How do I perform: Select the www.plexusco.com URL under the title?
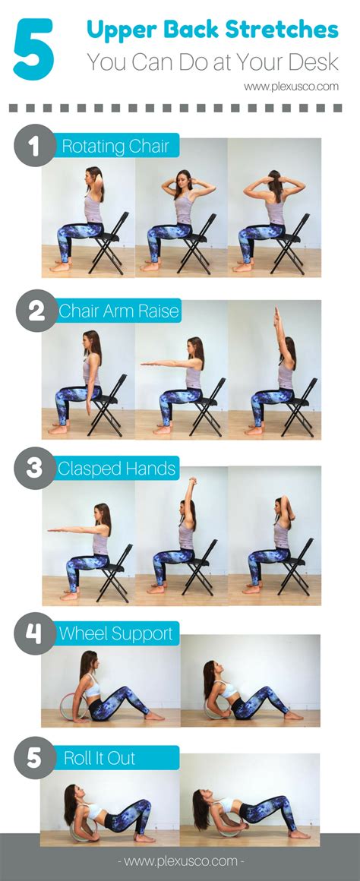(x=291, y=87)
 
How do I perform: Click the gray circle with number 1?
(x=34, y=145)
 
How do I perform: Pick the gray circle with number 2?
(x=34, y=311)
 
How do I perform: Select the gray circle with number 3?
(x=34, y=468)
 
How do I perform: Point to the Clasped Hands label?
(x=117, y=468)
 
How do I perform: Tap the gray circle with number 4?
(x=34, y=633)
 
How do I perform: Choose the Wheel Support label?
(x=115, y=633)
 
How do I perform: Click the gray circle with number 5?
(x=34, y=758)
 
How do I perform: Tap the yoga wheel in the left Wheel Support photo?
(x=77, y=705)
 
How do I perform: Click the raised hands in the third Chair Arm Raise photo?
(x=276, y=316)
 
